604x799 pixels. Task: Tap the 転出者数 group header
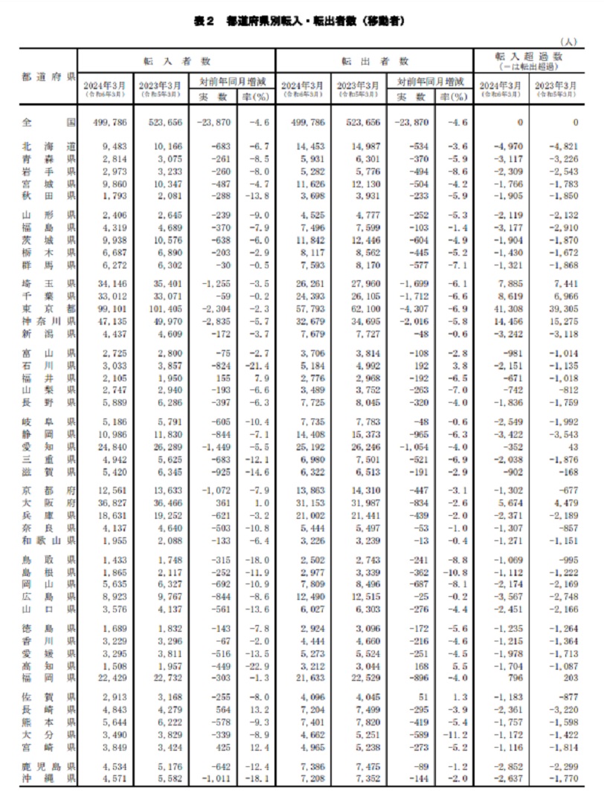375,59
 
